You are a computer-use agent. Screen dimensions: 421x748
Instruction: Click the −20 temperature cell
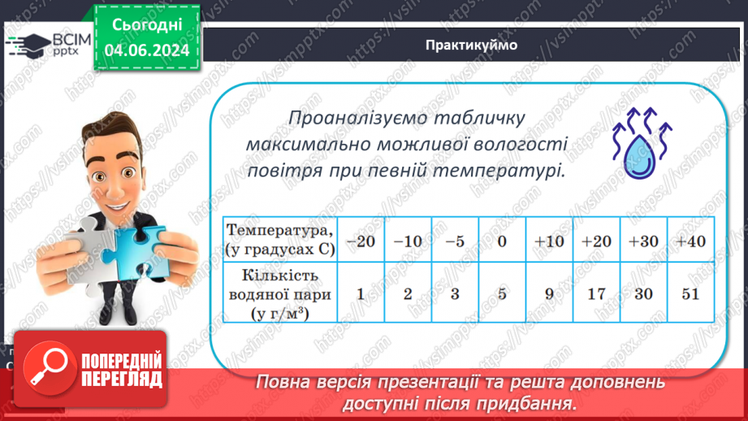coord(361,241)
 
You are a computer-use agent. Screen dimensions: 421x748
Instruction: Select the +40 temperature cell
coord(690,241)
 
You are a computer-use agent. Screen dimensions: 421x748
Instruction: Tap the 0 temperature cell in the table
coord(502,241)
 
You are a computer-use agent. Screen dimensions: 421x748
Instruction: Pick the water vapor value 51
coord(690,293)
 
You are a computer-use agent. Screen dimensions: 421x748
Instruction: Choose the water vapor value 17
coord(596,293)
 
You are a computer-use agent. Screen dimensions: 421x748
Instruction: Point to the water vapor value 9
coord(549,293)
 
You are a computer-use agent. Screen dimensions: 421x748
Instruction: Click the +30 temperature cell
coord(643,241)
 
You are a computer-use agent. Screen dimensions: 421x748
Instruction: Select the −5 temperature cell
coord(455,241)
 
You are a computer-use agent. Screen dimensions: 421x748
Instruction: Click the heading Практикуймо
coord(470,46)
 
